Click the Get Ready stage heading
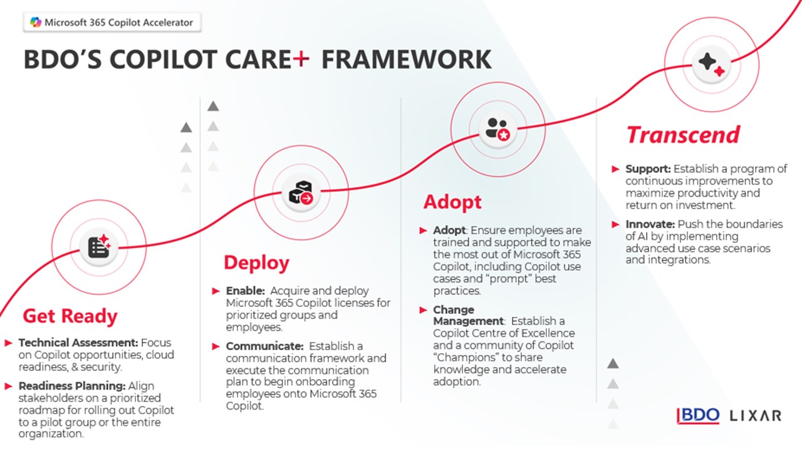pos(70,316)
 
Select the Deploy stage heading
pos(256,262)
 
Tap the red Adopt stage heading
pos(452,202)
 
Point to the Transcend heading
pos(683,135)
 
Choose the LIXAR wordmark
pos(756,415)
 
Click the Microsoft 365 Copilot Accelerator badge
pos(113,23)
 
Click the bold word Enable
pos(244,291)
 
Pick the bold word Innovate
pos(649,224)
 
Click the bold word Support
pos(648,169)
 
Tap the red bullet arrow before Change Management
pos(424,310)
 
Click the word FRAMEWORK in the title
pos(406,60)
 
